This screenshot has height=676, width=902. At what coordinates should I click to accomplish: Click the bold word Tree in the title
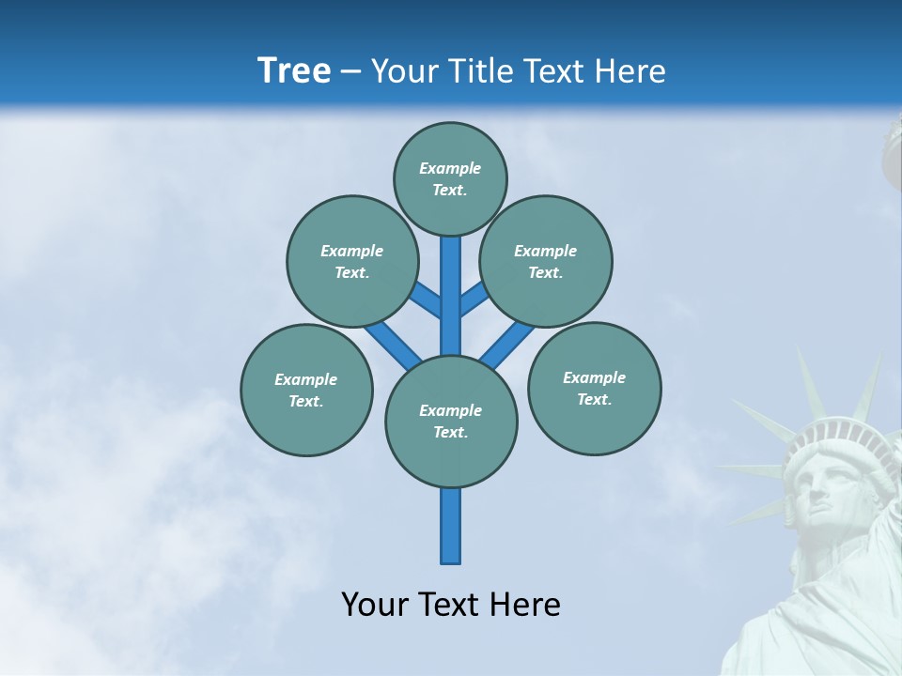[x=294, y=71]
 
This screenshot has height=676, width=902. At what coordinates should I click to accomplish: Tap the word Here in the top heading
[x=630, y=71]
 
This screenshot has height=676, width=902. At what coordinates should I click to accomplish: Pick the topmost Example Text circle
[x=450, y=178]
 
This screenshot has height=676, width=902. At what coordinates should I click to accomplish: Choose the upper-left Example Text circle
[x=352, y=261]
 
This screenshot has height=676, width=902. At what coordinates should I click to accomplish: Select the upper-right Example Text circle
[x=546, y=261]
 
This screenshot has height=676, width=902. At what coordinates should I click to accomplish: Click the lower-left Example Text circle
[x=306, y=390]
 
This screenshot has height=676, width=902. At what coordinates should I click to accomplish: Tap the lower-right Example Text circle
[x=594, y=388]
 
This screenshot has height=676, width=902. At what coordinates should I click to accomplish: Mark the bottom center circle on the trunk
[x=451, y=421]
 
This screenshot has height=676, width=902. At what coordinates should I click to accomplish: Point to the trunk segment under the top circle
[x=451, y=282]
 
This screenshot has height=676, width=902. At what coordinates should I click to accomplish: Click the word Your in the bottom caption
[x=374, y=605]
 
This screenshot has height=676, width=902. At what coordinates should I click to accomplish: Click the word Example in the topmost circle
[x=450, y=168]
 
